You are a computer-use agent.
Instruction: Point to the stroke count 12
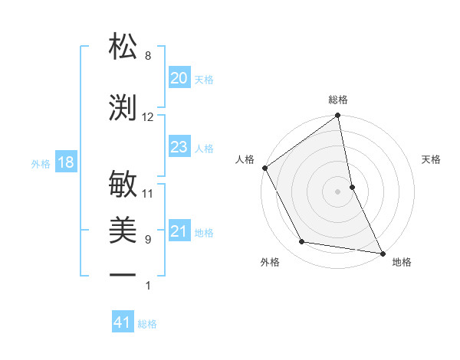pos(148,117)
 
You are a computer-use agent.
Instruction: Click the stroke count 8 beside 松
pos(148,56)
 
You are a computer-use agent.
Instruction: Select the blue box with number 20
pos(179,78)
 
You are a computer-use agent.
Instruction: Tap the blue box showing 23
pos(179,147)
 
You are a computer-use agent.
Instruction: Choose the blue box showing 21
pos(179,232)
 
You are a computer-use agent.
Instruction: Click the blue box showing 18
pos(65,162)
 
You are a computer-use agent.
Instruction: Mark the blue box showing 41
pos(123,322)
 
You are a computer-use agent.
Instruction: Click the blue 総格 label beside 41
pos(147,324)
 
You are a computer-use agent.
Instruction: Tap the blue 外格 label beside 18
pos(41,164)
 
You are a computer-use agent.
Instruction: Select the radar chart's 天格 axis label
pos(431,159)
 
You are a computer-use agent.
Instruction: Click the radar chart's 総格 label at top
pos(338,100)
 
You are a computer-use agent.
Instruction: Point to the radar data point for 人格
pos(264,168)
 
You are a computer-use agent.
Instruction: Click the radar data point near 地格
pos(383,253)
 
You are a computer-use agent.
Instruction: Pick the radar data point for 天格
pos(352,187)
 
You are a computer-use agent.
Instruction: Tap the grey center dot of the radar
pos(337,191)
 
